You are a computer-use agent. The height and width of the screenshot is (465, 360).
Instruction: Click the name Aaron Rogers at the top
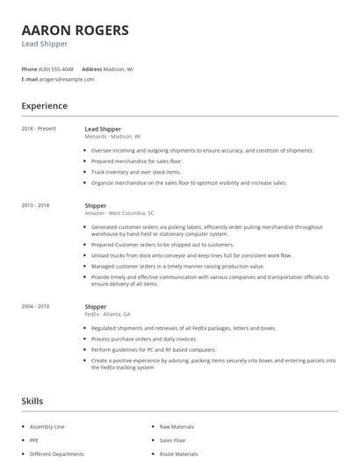click(x=75, y=30)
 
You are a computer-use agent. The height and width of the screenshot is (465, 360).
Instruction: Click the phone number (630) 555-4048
click(x=57, y=68)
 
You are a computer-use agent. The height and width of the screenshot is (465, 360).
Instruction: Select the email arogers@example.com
click(x=68, y=79)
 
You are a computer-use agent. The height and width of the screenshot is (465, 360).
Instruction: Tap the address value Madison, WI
click(x=119, y=68)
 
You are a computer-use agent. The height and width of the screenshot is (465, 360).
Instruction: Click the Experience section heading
click(x=44, y=106)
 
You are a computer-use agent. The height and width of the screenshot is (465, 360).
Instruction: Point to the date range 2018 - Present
click(x=39, y=129)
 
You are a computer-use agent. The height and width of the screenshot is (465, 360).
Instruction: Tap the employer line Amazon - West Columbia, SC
click(x=119, y=213)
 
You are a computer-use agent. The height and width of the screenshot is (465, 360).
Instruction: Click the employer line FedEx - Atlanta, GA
click(x=107, y=315)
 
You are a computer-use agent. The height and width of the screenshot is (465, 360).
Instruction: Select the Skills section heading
click(x=32, y=401)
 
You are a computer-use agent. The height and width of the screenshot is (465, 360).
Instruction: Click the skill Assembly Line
click(x=47, y=426)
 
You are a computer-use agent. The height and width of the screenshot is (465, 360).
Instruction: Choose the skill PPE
click(x=35, y=440)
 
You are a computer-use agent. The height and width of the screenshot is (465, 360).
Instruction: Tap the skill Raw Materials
click(x=176, y=426)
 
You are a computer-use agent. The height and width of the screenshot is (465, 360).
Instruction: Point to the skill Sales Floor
click(x=172, y=440)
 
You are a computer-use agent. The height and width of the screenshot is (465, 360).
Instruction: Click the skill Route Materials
click(x=178, y=454)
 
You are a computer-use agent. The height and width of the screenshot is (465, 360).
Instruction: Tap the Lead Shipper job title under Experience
click(x=103, y=129)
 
